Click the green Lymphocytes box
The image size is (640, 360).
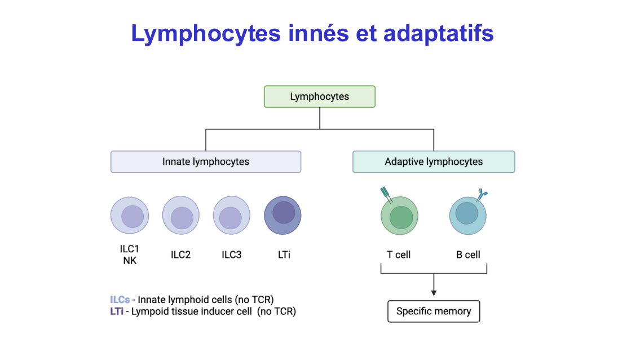(320, 96)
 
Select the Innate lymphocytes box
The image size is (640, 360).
(205, 161)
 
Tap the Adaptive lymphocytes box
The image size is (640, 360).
(434, 161)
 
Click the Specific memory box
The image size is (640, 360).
(434, 311)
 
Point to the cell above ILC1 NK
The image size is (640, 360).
(130, 216)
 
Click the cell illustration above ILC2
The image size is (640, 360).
(181, 216)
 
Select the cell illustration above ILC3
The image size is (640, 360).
(232, 216)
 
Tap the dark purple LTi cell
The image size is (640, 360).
(283, 216)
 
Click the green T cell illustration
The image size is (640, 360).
(400, 216)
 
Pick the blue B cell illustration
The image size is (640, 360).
(468, 215)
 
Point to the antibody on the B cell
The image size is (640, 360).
(482, 195)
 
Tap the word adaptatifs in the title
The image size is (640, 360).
(439, 33)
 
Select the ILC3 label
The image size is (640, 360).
(232, 254)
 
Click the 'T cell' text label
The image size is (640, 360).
(399, 254)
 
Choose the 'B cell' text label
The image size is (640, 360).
(468, 254)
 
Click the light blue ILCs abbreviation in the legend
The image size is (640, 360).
(120, 300)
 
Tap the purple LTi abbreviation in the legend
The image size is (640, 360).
(117, 311)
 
